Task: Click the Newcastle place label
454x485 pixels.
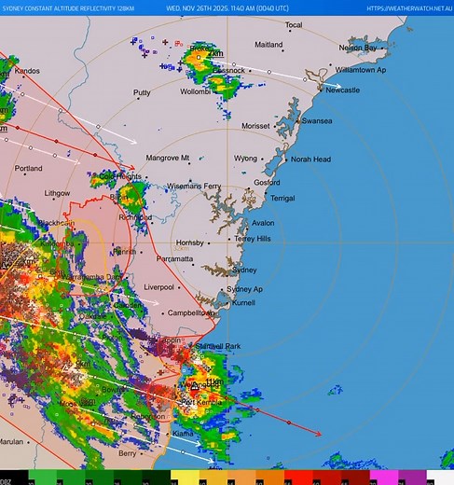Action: [x=342, y=90]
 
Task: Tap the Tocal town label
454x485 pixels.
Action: [x=294, y=25]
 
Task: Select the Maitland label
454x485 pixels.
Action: [x=268, y=45]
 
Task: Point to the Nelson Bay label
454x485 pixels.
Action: [x=358, y=48]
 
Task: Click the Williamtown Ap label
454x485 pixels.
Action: [x=361, y=70]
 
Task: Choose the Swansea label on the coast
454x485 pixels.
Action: [x=317, y=120]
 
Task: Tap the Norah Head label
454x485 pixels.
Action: [x=310, y=159]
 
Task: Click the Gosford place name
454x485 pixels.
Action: [x=267, y=183]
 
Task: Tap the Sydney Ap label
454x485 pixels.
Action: [x=245, y=289]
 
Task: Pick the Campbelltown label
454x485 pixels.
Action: [x=192, y=313]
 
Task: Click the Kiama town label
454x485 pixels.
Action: [x=184, y=434]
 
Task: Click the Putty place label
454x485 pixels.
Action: [x=142, y=93]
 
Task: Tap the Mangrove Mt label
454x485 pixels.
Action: [x=168, y=158]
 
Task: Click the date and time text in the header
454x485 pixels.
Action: [x=227, y=8]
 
